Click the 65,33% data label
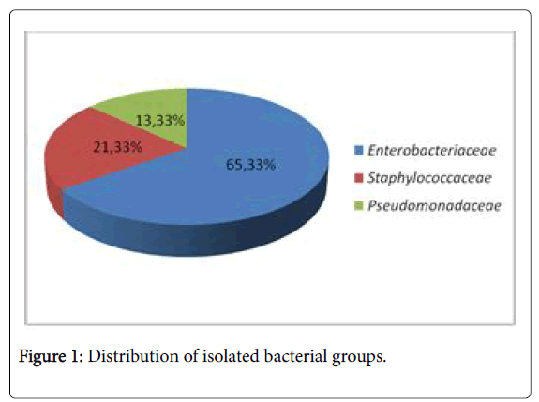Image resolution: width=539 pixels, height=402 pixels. pyautogui.click(x=250, y=165)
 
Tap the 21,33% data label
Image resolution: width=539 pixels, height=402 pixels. pyautogui.click(x=117, y=147)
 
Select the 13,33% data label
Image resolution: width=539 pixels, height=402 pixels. pyautogui.click(x=160, y=120)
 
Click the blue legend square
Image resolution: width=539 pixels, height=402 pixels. pyautogui.click(x=359, y=151)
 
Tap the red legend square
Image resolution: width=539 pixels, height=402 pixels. pyautogui.click(x=359, y=178)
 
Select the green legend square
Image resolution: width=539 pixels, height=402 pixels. pyautogui.click(x=359, y=205)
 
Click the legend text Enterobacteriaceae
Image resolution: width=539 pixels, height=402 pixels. pyautogui.click(x=432, y=151)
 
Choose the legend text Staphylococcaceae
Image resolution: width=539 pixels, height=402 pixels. pyautogui.click(x=429, y=178)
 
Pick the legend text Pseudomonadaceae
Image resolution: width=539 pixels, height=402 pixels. pyautogui.click(x=435, y=205)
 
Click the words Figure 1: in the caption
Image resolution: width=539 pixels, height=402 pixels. pyautogui.click(x=51, y=356)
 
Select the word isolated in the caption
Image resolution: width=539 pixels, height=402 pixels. pyautogui.click(x=231, y=356)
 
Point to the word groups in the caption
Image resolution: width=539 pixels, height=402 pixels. pyautogui.click(x=356, y=357)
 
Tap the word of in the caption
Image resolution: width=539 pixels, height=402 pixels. pyautogui.click(x=190, y=356)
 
